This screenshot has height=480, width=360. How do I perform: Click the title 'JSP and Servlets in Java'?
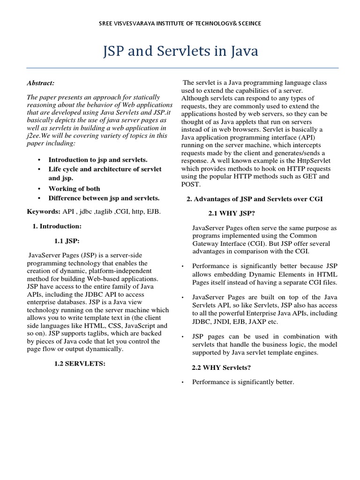[180, 51]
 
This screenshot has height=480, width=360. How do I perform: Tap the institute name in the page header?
[180, 23]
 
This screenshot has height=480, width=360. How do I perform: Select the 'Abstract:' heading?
[41, 83]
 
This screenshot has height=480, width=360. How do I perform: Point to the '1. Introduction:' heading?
[57, 226]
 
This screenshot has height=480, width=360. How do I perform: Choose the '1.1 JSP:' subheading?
[67, 241]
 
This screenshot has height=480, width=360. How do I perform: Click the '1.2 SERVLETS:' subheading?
[80, 363]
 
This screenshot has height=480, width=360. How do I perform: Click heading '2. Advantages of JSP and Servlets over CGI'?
[255, 199]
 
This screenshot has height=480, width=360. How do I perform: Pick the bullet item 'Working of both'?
[75, 188]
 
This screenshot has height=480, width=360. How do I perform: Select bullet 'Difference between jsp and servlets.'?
[104, 198]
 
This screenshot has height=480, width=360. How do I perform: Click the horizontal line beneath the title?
[180, 68]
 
